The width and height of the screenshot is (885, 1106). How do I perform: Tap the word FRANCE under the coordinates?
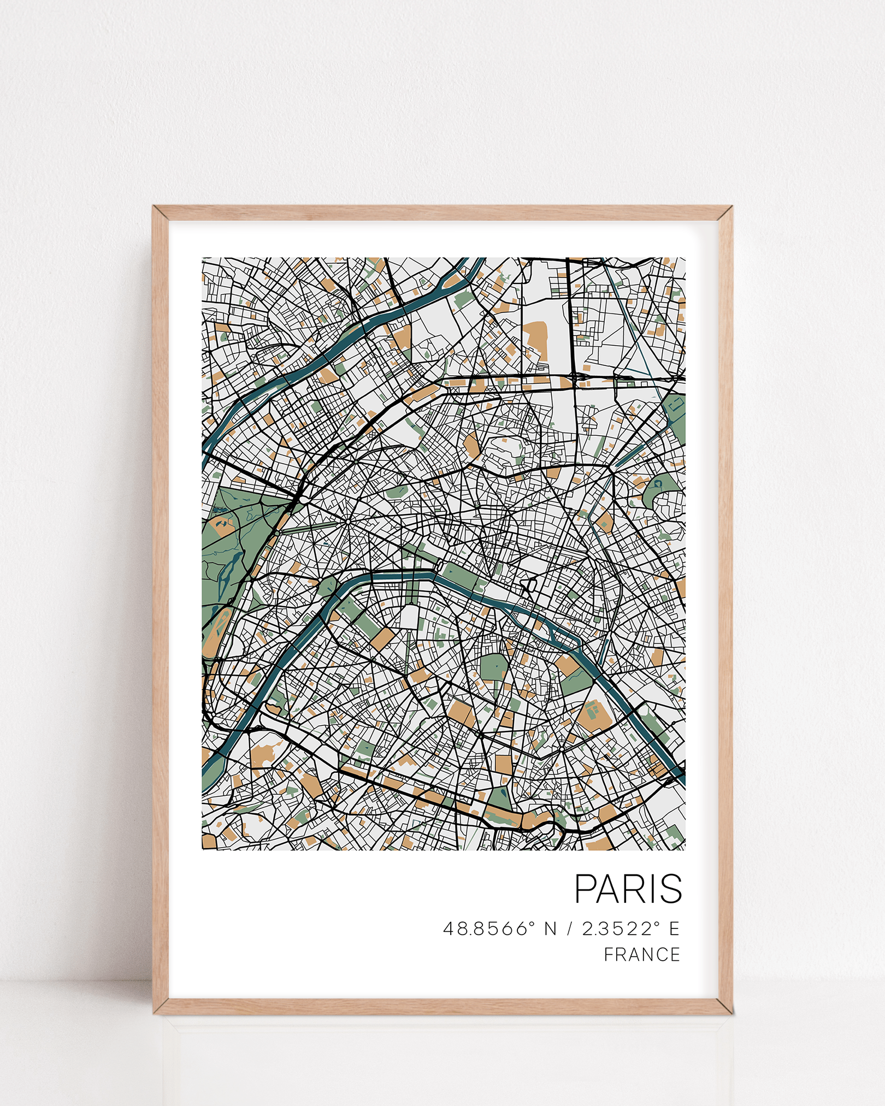[x=642, y=955]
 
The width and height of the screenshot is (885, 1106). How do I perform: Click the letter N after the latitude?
[x=550, y=928]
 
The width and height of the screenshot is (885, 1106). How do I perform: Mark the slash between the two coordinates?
[x=569, y=928]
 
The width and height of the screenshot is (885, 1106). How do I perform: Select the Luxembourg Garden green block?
[x=495, y=667]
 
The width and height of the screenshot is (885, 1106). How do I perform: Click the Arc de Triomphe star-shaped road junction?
[x=348, y=521]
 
